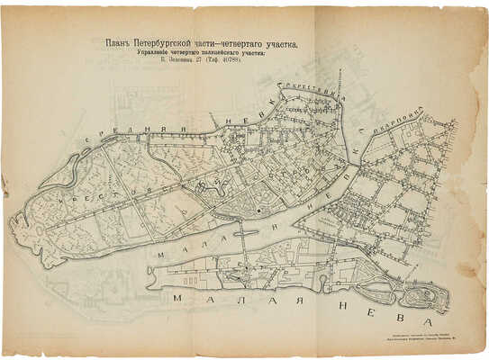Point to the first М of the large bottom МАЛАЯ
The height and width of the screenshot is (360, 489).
(x=177, y=297)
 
